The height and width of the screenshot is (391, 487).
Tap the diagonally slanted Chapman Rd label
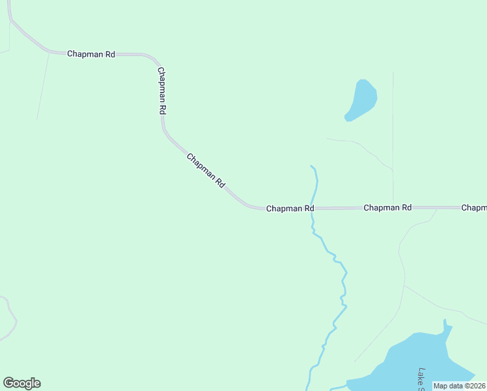pos(205,171)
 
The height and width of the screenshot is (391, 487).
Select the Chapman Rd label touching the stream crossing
pos(290,209)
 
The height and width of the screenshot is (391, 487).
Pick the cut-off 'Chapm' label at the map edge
pos(473,208)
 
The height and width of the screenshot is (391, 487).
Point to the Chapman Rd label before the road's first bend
pos(91,54)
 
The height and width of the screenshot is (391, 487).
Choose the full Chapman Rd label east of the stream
pos(387,208)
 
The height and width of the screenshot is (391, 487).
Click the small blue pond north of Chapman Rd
pos(361,100)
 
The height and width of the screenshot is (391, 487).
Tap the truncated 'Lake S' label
pos(421,379)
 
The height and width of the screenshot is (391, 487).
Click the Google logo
pos(21,383)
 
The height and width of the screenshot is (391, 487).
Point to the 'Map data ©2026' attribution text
pos(459,386)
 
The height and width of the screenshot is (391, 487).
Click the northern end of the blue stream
pos(312,166)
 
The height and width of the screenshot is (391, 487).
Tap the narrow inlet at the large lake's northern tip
pos(445,323)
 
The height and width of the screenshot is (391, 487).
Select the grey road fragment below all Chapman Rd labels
pos(8,319)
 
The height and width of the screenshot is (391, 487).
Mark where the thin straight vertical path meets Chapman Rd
pos(393,207)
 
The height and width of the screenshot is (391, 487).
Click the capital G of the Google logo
pos(8,383)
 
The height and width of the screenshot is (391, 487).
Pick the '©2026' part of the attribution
pos(473,386)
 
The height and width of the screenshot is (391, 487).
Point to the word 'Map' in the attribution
pos(441,386)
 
